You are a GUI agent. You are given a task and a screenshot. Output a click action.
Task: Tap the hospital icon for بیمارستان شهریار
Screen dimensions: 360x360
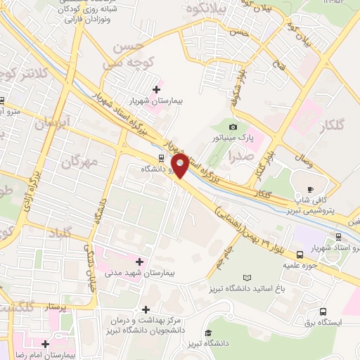click(x=155, y=89)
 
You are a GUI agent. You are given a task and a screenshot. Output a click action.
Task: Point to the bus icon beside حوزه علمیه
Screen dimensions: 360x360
click(x=300, y=255)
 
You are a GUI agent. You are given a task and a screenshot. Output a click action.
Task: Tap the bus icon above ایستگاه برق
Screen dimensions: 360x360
click(x=323, y=311)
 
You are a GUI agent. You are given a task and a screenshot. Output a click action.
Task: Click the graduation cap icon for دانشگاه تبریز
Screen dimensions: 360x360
click(x=208, y=333)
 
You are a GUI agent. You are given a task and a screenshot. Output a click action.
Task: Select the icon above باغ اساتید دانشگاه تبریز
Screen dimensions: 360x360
click(x=245, y=278)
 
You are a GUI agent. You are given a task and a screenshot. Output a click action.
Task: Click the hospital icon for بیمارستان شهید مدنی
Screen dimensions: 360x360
click(x=139, y=262)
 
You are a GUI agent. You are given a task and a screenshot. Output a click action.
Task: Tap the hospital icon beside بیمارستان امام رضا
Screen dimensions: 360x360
click(x=46, y=344)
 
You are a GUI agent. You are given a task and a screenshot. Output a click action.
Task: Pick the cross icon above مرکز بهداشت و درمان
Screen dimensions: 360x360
click(x=146, y=309)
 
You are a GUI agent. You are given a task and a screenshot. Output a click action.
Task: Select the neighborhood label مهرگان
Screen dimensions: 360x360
click(x=78, y=162)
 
